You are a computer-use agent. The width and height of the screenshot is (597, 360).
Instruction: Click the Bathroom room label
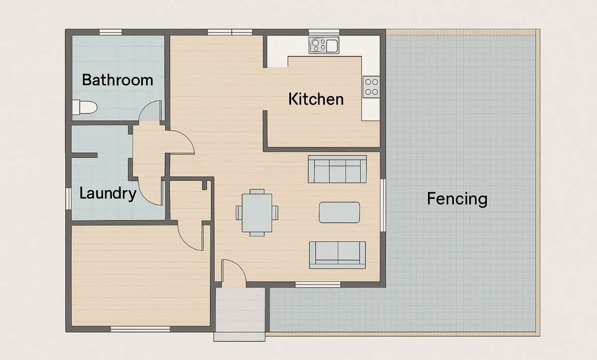pos(118,80)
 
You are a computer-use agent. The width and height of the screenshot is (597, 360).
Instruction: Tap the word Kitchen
pos(316,99)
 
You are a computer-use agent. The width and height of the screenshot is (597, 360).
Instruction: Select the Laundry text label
pos(108,194)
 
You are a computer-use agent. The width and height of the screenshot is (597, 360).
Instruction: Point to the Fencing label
pos(457,198)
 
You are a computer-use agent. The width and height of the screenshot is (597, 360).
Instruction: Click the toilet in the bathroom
pos(84,108)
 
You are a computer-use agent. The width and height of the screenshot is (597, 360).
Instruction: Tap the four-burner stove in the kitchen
pos(371,86)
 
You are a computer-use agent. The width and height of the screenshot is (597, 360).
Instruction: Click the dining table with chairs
pos(257,212)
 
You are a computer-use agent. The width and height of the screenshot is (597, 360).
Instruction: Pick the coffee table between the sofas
pos(339,212)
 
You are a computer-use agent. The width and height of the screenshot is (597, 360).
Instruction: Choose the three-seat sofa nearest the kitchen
pos(337,169)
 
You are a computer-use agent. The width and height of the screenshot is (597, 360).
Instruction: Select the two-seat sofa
pos(337,254)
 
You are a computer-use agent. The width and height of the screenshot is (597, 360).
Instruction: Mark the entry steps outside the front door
pos(240,313)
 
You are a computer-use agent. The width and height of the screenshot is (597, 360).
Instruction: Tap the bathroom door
pos(151,111)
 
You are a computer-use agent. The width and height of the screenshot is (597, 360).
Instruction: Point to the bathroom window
pos(110,32)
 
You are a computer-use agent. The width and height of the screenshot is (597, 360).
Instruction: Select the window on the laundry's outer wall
pos(68,198)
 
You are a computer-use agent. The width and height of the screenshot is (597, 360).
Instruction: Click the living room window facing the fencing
pos(383,205)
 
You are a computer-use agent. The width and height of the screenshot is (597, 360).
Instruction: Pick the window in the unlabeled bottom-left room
pos(140,329)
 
